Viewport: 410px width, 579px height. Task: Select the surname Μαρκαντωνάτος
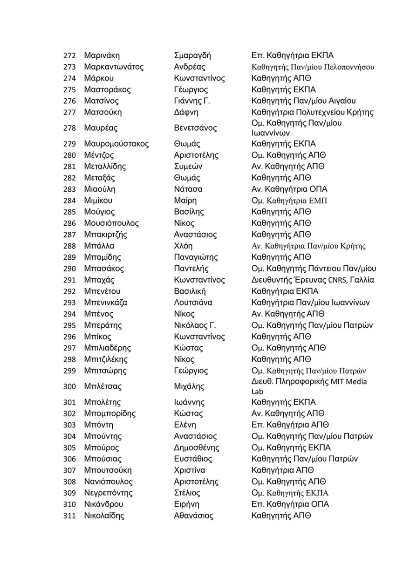click(114, 67)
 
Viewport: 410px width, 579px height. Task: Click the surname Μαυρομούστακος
click(116, 144)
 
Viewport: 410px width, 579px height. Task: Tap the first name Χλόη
click(183, 246)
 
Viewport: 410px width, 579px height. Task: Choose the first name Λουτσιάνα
click(192, 303)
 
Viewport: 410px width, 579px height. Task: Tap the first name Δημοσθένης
click(196, 448)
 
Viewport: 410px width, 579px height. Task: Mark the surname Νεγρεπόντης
click(108, 493)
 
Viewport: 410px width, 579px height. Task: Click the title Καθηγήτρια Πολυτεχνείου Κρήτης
click(312, 112)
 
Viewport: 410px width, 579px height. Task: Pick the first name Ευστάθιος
click(192, 459)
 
